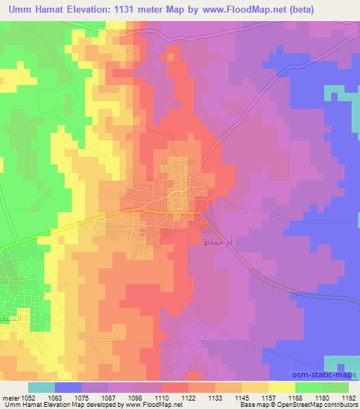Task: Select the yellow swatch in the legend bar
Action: tap(281, 387)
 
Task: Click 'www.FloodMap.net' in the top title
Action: tap(236, 10)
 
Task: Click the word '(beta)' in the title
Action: tap(295, 10)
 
